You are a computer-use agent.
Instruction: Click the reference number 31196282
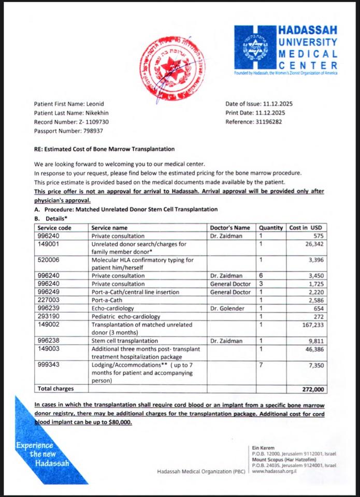point(270,122)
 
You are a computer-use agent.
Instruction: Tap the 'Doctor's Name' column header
point(230,227)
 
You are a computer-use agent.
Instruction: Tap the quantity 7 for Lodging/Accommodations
point(261,365)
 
